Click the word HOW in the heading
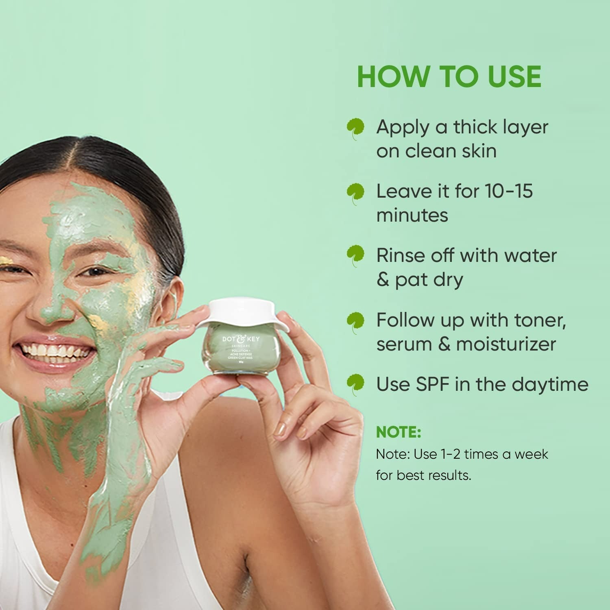tap(394, 76)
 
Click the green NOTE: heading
tap(398, 432)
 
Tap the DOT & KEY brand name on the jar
tap(241, 338)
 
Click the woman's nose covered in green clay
tap(53, 309)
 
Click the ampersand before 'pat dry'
tap(383, 280)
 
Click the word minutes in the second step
tap(412, 215)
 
